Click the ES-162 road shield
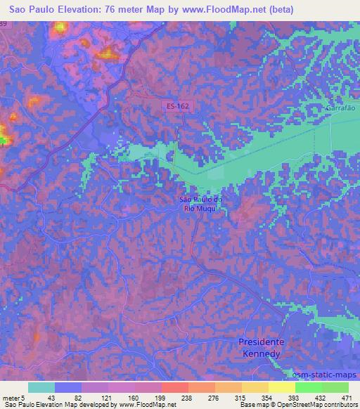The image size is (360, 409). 176,105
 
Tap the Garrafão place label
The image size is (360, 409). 340,109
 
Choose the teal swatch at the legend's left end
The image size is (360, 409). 41,387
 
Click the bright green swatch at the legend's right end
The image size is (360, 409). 335,387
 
